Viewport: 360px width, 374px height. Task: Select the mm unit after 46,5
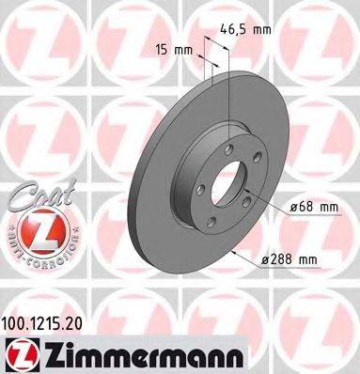(x=264, y=29)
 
